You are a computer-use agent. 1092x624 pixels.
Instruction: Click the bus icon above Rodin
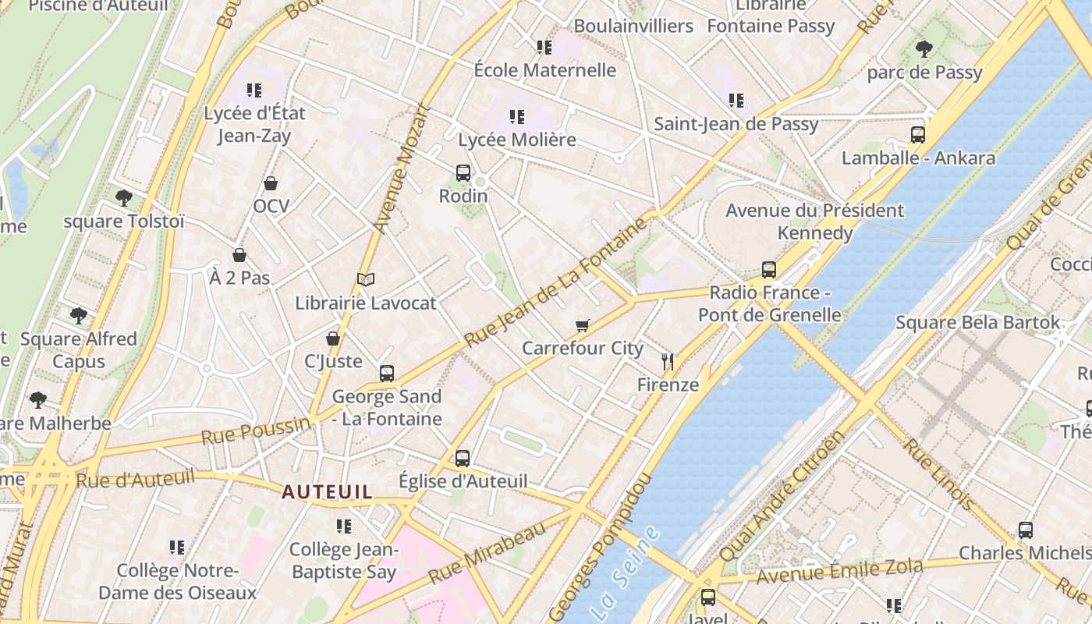pyautogui.click(x=463, y=173)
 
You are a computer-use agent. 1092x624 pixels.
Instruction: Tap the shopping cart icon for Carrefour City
pyautogui.click(x=583, y=325)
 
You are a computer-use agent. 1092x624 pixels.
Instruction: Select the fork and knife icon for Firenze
pyautogui.click(x=667, y=361)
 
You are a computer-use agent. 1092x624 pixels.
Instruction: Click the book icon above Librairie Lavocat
pyautogui.click(x=366, y=279)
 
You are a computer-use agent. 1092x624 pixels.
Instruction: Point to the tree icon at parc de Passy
pyautogui.click(x=924, y=49)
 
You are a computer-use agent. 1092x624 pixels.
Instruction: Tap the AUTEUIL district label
pyautogui.click(x=327, y=492)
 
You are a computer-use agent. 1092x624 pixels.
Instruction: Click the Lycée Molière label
pyautogui.click(x=517, y=140)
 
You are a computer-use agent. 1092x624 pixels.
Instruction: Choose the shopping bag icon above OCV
pyautogui.click(x=271, y=183)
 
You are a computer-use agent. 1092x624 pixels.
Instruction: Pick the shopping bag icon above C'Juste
pyautogui.click(x=333, y=339)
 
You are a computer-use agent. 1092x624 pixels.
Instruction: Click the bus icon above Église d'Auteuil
pyautogui.click(x=463, y=459)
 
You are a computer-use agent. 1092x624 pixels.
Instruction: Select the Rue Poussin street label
pyautogui.click(x=256, y=431)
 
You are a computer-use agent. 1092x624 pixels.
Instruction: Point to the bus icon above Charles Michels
pyautogui.click(x=1026, y=530)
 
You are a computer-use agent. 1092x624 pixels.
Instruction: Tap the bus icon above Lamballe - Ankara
pyautogui.click(x=918, y=135)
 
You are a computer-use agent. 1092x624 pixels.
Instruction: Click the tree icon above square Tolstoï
pyautogui.click(x=123, y=197)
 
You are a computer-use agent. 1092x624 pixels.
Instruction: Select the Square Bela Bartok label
pyautogui.click(x=978, y=322)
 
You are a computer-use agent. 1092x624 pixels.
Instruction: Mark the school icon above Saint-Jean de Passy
pyautogui.click(x=736, y=101)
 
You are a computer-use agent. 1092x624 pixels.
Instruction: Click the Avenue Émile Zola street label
pyautogui.click(x=839, y=572)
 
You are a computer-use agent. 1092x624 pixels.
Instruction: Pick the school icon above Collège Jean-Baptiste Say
pyautogui.click(x=343, y=526)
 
